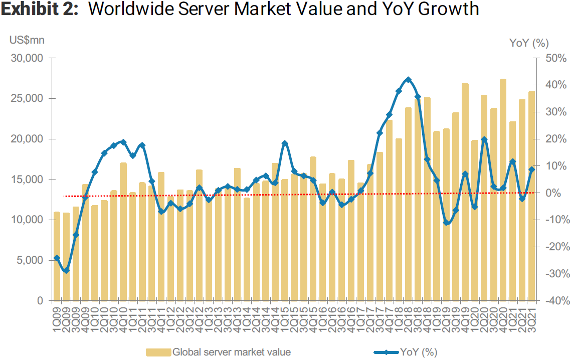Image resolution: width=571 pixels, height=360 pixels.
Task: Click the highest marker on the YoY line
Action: [408, 80]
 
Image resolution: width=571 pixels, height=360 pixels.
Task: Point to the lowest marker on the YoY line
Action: [66, 271]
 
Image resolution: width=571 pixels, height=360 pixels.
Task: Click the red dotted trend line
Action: [301, 195]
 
